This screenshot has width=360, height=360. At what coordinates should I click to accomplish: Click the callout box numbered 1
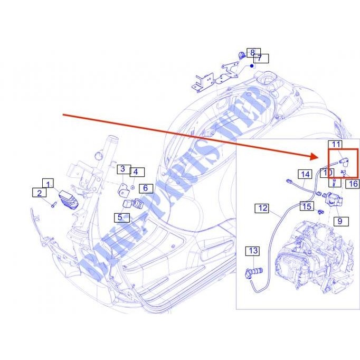[49, 184]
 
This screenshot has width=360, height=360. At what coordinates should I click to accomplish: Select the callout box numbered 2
[39, 193]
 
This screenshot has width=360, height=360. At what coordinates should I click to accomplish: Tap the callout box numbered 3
[122, 169]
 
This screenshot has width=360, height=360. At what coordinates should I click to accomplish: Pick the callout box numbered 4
[135, 172]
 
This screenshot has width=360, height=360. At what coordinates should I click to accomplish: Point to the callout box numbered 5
[120, 216]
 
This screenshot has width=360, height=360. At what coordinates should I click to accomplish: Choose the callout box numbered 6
[145, 188]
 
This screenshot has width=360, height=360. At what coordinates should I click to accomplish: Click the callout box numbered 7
[262, 59]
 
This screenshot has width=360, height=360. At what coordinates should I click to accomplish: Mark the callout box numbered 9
[340, 221]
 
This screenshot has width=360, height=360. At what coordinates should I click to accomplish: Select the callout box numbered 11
[336, 144]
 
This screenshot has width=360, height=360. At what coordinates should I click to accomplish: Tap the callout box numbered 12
[263, 208]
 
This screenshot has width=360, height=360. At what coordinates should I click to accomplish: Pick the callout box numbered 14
[305, 174]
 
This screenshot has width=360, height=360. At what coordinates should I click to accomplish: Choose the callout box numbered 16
[353, 184]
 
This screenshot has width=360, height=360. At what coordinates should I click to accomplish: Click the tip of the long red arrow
[316, 157]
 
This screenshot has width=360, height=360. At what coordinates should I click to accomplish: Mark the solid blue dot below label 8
[252, 66]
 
